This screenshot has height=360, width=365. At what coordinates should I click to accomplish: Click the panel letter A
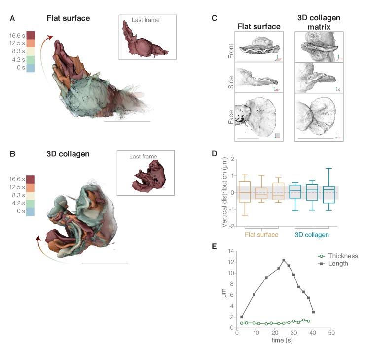tap(13, 19)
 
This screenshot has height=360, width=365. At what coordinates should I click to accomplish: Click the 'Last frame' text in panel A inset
tap(146, 20)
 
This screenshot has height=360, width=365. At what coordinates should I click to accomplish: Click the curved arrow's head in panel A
tap(49, 38)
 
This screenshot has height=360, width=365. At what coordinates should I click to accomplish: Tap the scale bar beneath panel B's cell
tap(105, 264)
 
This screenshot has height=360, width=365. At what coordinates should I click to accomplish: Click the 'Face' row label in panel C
tap(231, 117)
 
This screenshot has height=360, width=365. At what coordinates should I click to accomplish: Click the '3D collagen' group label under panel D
tap(312, 234)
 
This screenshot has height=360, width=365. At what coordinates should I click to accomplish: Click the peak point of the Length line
tap(284, 260)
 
